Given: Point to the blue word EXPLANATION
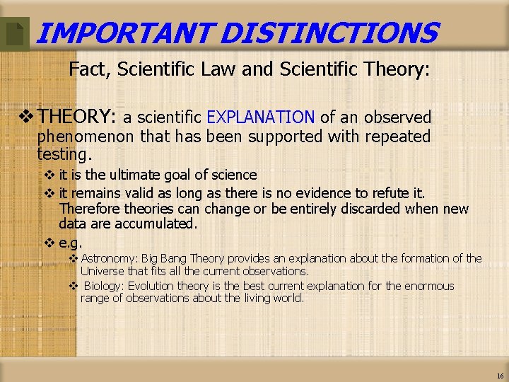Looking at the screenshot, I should click(x=261, y=117).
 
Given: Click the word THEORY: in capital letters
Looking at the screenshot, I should click(x=77, y=117).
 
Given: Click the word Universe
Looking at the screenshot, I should click(x=104, y=271).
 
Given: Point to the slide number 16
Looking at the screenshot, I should click(x=500, y=376).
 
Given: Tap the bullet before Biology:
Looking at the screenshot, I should click(x=73, y=286).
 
